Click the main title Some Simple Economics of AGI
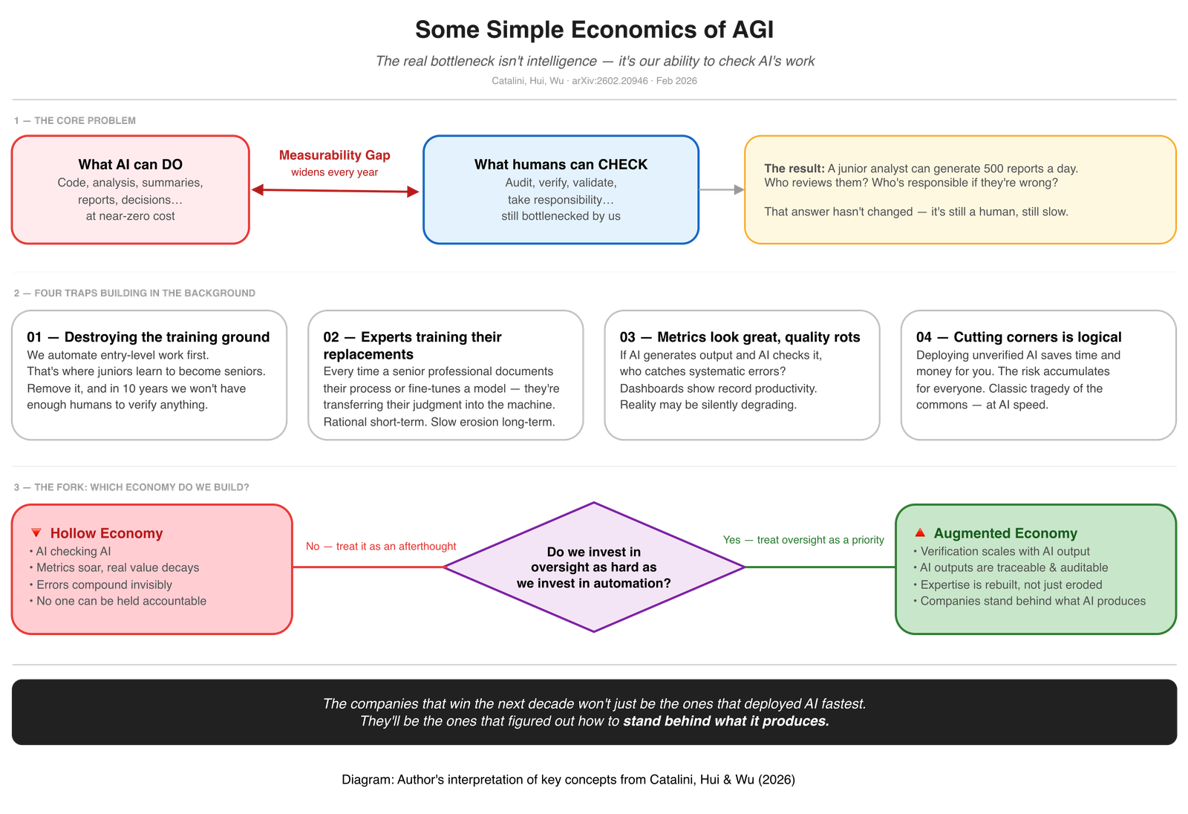[x=594, y=30]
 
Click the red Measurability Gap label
[x=334, y=155]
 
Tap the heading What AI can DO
[x=131, y=165]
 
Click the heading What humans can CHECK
[x=561, y=165]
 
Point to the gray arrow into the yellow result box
[x=721, y=190]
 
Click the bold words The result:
[x=794, y=169]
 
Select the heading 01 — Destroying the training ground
[x=148, y=337]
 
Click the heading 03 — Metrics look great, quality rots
[x=740, y=337]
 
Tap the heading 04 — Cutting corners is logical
[x=1019, y=337]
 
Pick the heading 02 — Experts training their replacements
[x=412, y=345]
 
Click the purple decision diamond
[x=594, y=567]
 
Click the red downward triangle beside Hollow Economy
[x=36, y=533]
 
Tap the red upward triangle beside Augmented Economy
[x=920, y=533]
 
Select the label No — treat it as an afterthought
[x=382, y=546]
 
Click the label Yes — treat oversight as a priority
[x=803, y=540]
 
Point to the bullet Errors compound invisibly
[x=104, y=585]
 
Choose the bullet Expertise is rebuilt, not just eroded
[x=1011, y=585]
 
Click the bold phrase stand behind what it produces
[x=725, y=721]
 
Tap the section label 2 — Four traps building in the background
[x=134, y=293]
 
